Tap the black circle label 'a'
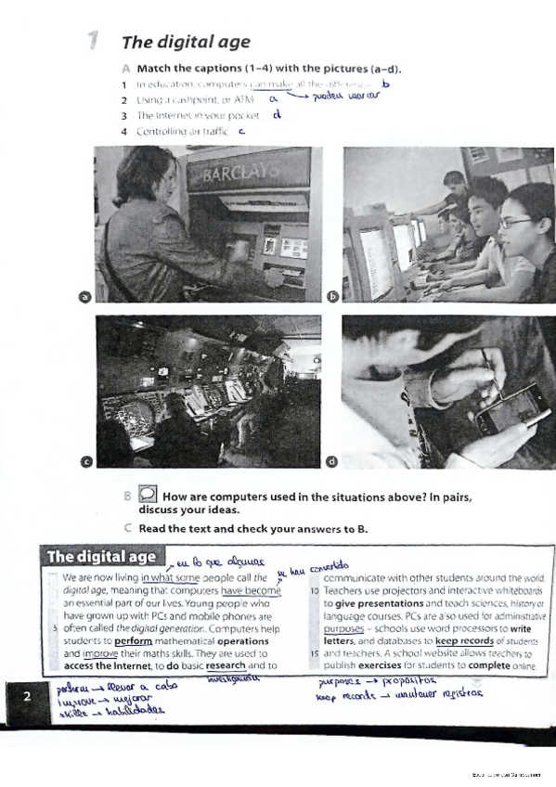(x=84, y=297)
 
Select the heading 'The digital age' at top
(x=174, y=42)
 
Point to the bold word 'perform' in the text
(x=135, y=639)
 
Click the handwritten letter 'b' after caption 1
(x=386, y=84)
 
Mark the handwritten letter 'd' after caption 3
(x=278, y=115)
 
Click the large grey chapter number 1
(x=93, y=41)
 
